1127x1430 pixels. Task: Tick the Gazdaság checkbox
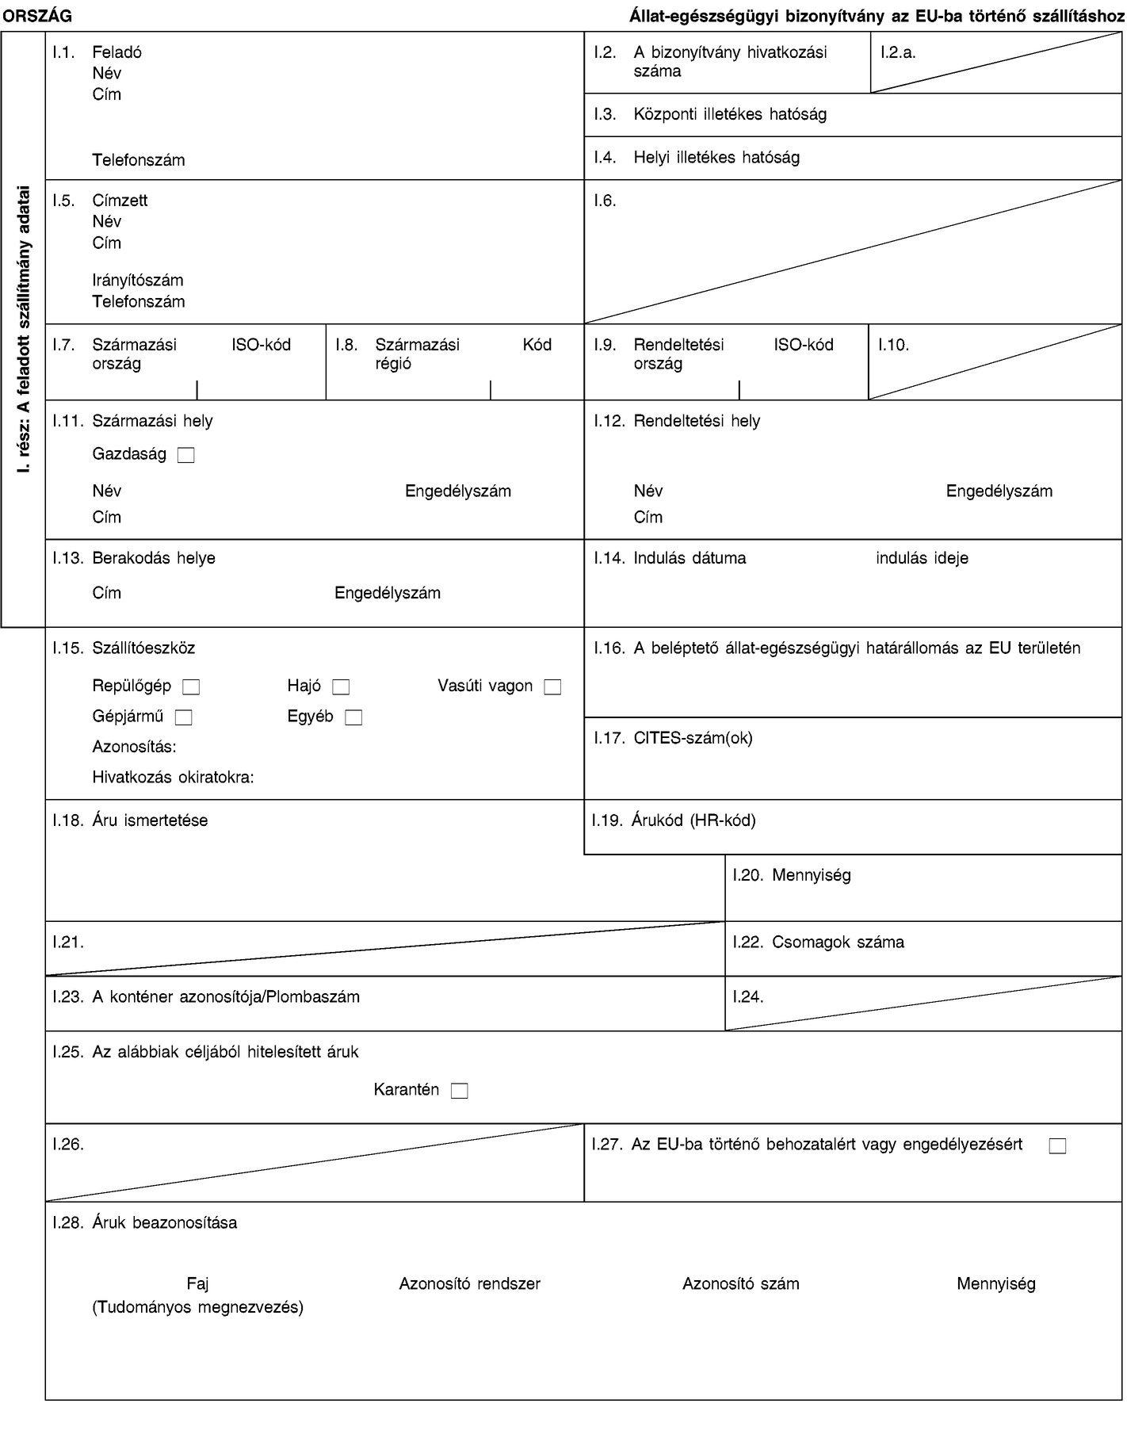(186, 455)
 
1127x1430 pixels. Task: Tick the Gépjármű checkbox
(184, 718)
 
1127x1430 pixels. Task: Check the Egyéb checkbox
(353, 718)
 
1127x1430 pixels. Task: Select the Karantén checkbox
(460, 1091)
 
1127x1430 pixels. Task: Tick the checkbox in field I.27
(1056, 1145)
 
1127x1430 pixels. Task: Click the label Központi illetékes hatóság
(729, 114)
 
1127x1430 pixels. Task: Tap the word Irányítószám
(138, 281)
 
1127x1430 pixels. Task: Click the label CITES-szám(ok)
(693, 738)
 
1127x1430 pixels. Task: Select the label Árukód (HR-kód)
(693, 820)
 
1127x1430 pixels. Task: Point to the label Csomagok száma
(838, 942)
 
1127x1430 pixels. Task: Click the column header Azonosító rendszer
(469, 1283)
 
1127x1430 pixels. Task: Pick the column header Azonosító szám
(740, 1283)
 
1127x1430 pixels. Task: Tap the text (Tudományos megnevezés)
(198, 1307)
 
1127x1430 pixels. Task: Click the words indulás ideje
(922, 558)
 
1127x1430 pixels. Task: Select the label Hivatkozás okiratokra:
(174, 778)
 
